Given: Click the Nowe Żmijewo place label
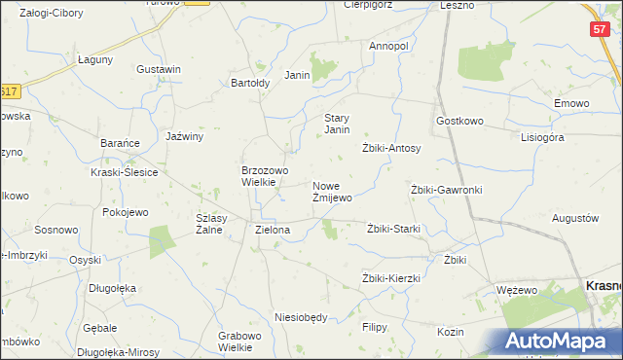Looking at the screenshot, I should click(332, 191).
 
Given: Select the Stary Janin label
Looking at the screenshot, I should click(337, 124).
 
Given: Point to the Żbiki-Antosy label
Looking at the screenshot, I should click(391, 148).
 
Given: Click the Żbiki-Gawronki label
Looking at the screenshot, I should click(447, 190).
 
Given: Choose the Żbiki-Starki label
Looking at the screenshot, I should click(393, 229).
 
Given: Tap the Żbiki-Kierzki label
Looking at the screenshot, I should click(390, 278).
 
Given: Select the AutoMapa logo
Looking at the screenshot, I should click(561, 342).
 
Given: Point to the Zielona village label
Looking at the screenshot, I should click(273, 231).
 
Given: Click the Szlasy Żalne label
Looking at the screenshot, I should click(211, 224).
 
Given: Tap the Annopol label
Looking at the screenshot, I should click(388, 46).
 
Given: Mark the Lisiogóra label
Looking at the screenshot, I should click(542, 137).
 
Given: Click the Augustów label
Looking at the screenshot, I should click(574, 218).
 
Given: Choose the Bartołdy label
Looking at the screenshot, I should click(250, 83).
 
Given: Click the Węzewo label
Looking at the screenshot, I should click(517, 290).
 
